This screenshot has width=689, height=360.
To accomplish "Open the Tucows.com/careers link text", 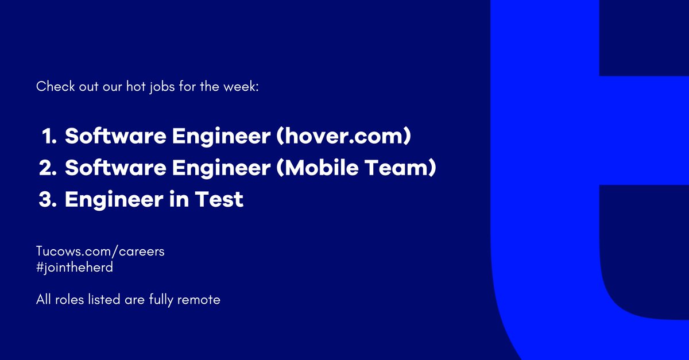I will [100, 252].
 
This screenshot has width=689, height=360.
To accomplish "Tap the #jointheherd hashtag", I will [71, 266].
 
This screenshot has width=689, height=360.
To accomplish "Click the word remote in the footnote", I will [199, 300].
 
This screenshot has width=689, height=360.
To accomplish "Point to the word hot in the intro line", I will [149, 87].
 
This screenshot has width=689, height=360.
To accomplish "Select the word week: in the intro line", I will [245, 87].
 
